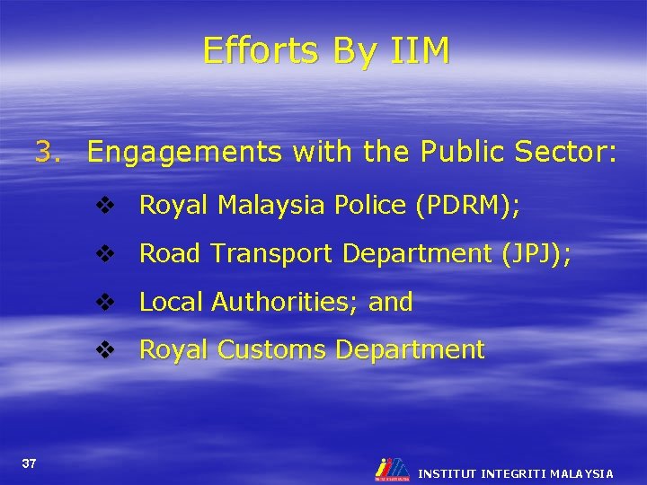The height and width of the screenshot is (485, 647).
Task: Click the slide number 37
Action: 30,463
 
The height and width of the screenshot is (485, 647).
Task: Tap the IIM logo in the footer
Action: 392,469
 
